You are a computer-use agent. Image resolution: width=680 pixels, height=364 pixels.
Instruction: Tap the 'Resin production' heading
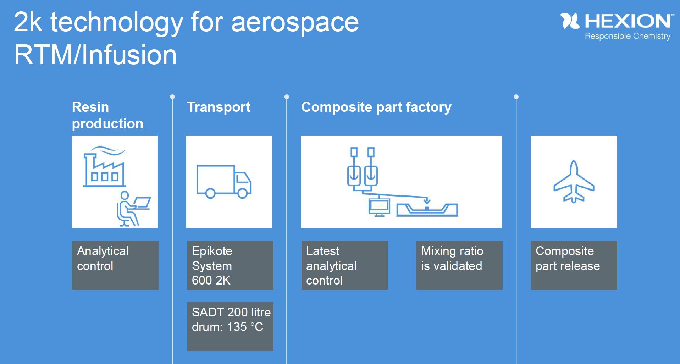[x=107, y=115]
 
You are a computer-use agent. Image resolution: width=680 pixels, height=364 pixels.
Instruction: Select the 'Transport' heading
[x=219, y=107]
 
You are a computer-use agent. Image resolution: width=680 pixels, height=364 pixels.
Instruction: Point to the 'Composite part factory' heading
[x=376, y=107]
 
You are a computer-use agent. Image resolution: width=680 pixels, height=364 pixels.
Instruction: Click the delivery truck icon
[x=224, y=181]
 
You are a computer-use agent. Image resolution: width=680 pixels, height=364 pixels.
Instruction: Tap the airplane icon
[x=574, y=182]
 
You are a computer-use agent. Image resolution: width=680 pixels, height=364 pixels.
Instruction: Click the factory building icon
[x=104, y=167]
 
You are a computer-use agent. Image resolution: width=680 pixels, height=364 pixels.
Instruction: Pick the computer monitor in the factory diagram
[x=379, y=207]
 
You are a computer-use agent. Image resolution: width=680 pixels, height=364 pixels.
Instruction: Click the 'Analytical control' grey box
[x=115, y=265]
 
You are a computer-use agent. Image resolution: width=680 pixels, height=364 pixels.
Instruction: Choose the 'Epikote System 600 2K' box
[x=230, y=265]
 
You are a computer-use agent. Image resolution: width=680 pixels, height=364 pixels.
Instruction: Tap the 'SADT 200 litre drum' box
[x=230, y=326]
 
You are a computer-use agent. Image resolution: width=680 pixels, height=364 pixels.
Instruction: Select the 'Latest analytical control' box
[x=344, y=265]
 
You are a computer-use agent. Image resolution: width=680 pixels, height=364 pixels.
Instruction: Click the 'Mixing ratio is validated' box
[x=459, y=265]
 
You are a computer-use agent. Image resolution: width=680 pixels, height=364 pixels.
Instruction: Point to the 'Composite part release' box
[x=574, y=265]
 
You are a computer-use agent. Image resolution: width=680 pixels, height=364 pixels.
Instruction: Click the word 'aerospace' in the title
[x=295, y=23]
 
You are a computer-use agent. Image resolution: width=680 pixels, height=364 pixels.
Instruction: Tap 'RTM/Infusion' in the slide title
[x=95, y=55]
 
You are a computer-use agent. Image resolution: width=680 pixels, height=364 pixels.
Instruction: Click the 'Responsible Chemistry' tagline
[x=627, y=36]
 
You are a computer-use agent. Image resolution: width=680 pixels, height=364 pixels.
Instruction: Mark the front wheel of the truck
[x=243, y=193]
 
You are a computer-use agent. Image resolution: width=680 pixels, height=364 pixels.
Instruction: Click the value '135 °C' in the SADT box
[x=245, y=327]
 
